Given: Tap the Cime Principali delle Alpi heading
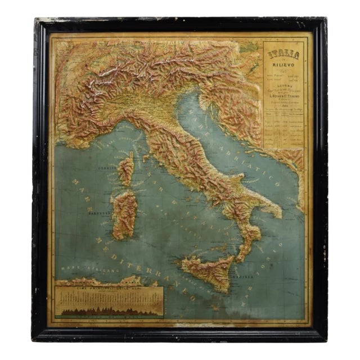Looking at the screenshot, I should coord(109,289).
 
